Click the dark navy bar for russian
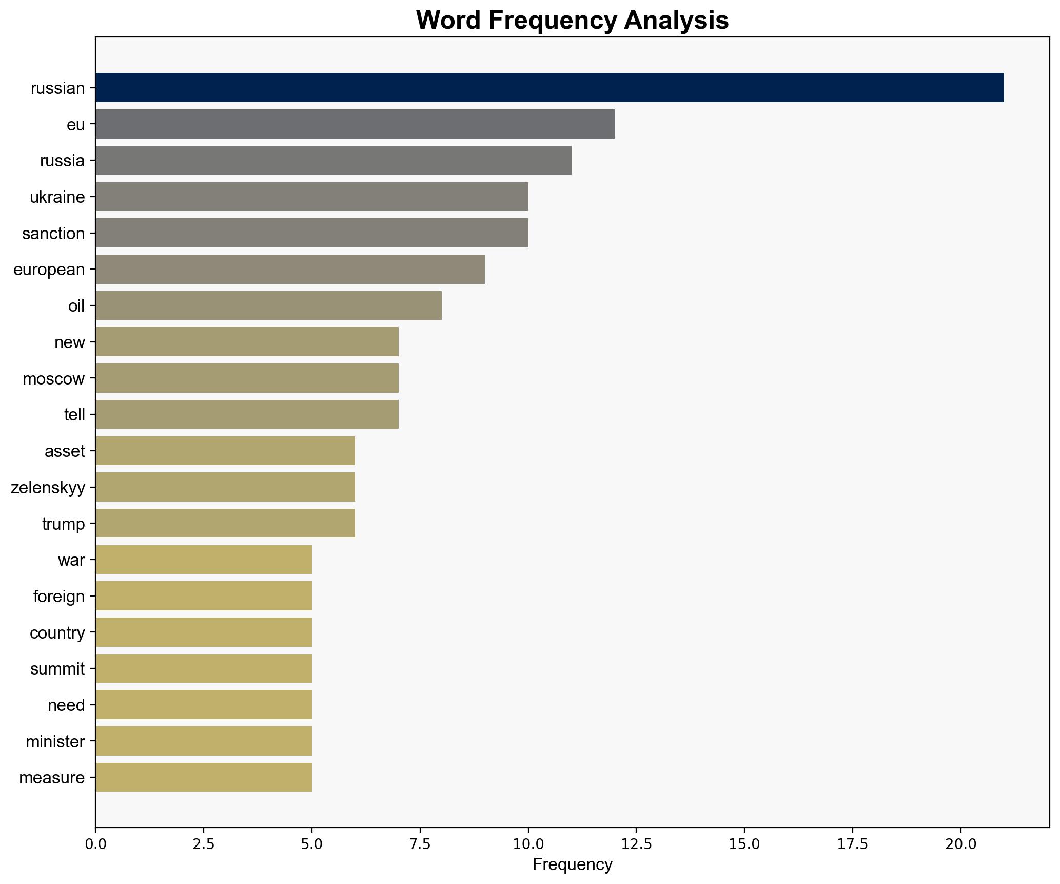tap(549, 88)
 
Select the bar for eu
tap(355, 124)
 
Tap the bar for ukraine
tap(311, 197)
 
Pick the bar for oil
tap(268, 305)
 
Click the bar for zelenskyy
tap(225, 487)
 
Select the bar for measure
tap(203, 777)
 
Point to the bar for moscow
tap(247, 378)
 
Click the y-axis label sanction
tap(53, 234)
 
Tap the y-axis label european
tap(49, 270)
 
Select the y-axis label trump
tap(63, 524)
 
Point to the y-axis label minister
tap(55, 741)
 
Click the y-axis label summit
tap(57, 668)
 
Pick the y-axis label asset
tap(65, 451)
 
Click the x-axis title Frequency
tap(572, 865)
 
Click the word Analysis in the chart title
tap(676, 21)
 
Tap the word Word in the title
tap(448, 21)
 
